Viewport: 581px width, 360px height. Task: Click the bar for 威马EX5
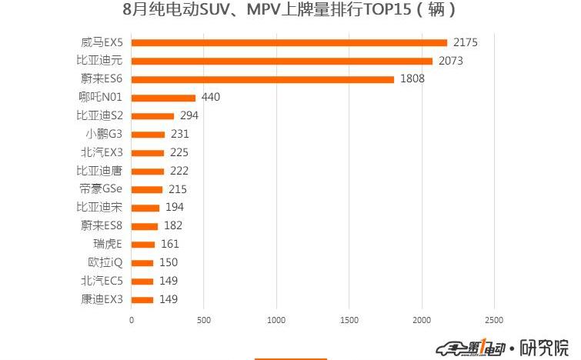pyautogui.click(x=289, y=42)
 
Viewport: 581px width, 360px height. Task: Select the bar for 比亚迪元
pyautogui.click(x=282, y=61)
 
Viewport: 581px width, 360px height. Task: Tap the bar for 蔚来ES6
pyautogui.click(x=262, y=79)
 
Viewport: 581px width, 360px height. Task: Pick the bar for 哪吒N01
pyautogui.click(x=163, y=98)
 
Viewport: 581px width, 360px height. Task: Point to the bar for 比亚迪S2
pyautogui.click(x=152, y=116)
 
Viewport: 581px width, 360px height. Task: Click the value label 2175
pyautogui.click(x=466, y=42)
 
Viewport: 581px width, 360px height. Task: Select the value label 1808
pyautogui.click(x=412, y=79)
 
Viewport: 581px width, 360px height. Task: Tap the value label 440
pyautogui.click(x=211, y=98)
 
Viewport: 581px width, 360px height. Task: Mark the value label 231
pyautogui.click(x=180, y=134)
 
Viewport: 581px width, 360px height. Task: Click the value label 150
pyautogui.click(x=169, y=262)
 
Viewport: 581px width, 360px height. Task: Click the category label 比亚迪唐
pyautogui.click(x=99, y=171)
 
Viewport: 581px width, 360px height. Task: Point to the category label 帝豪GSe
pyautogui.click(x=101, y=189)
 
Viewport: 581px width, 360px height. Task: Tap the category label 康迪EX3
pyautogui.click(x=101, y=299)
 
